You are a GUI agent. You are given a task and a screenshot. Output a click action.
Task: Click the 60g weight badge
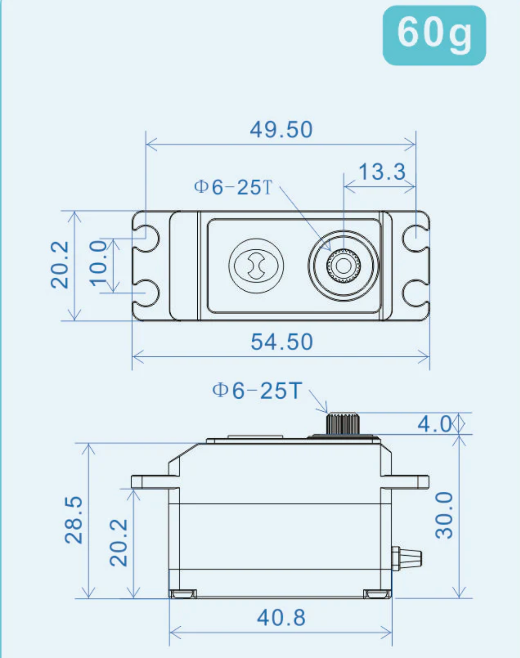point(434,35)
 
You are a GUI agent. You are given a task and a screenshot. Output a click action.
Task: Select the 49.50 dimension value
point(281,130)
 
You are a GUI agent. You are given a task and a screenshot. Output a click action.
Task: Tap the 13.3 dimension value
point(382,172)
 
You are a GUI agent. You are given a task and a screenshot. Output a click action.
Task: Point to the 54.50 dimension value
point(282,342)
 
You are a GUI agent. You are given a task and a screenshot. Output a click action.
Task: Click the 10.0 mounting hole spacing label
point(98,263)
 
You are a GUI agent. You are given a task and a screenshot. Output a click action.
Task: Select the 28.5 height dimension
point(74,520)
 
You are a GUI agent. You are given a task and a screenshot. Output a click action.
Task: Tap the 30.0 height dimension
point(445,515)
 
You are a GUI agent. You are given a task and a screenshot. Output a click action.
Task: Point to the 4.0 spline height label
point(434,424)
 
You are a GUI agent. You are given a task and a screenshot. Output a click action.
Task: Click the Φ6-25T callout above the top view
point(233,187)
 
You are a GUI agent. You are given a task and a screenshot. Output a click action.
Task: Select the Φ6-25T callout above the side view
point(257,390)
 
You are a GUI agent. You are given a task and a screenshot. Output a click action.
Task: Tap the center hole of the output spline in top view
point(344,266)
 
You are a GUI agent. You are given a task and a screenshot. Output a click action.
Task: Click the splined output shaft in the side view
point(342,423)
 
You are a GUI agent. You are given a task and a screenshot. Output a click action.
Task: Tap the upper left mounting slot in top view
point(148,238)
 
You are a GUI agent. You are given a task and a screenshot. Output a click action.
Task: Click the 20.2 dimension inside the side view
point(119,542)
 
